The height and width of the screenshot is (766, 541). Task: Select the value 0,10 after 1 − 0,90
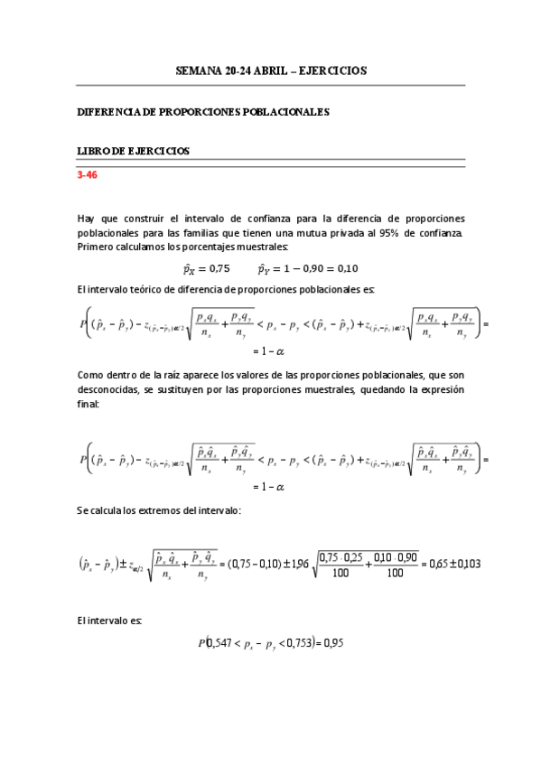[x=343, y=268]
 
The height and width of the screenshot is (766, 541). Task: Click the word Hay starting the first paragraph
[x=87, y=219]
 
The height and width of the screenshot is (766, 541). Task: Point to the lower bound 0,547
[x=221, y=643]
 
